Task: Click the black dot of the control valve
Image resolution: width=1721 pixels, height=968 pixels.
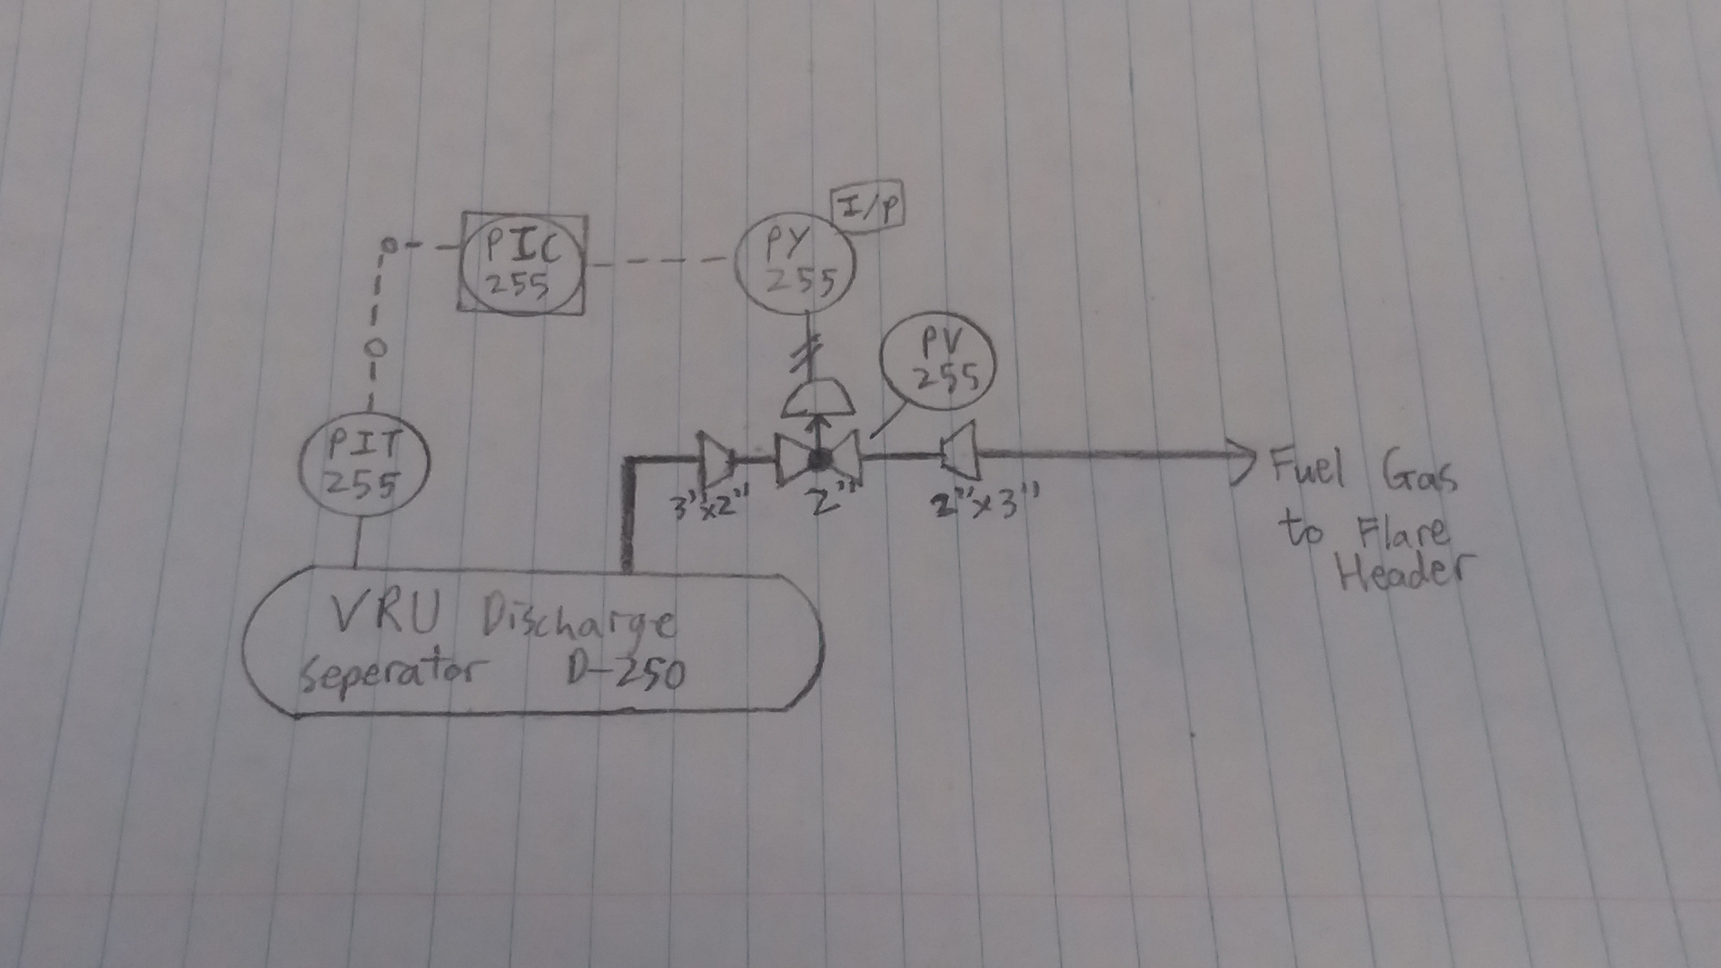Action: pyautogui.click(x=817, y=458)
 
